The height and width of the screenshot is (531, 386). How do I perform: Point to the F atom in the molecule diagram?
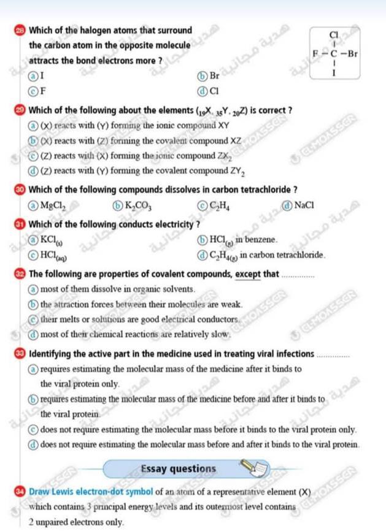316,53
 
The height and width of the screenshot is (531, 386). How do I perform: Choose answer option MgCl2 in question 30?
47,205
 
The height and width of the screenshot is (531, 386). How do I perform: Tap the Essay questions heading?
179,469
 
